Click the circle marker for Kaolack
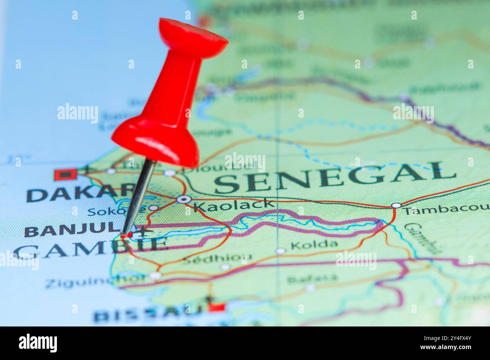point(184,199)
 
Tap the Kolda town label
point(314,245)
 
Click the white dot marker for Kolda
point(280,251)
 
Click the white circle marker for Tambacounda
point(396,205)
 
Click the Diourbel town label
point(219,166)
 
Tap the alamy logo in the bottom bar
point(38,343)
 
